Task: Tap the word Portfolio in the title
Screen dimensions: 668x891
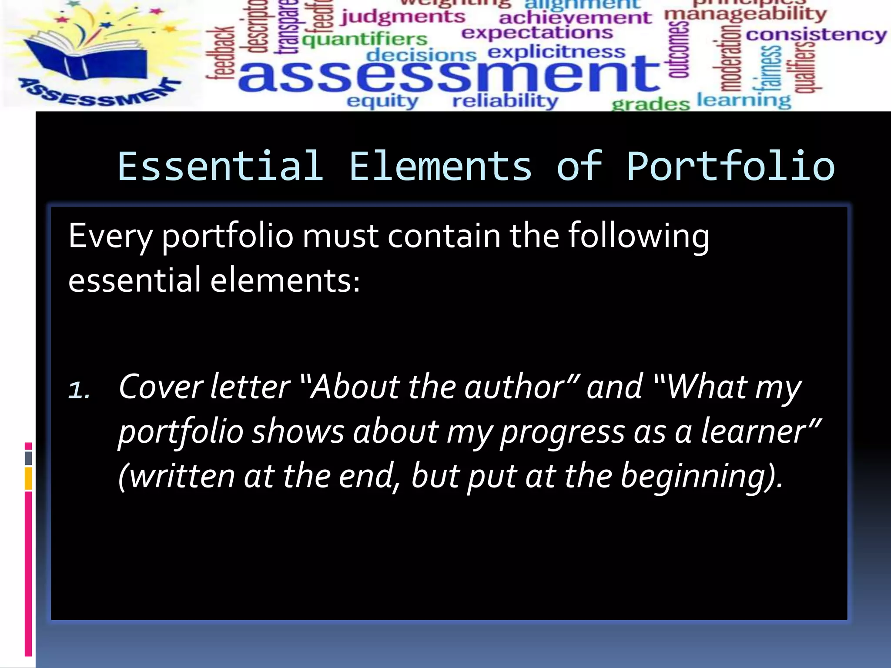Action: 730,167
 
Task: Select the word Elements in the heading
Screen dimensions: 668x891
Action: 440,167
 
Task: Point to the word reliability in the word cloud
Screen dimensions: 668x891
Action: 505,101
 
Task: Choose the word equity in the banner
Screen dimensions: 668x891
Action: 382,101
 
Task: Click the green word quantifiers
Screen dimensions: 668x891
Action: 365,40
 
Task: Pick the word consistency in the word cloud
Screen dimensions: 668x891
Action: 816,35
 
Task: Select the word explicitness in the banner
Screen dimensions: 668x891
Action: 556,52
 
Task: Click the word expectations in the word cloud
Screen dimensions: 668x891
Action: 537,33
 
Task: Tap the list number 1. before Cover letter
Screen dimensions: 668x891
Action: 79,390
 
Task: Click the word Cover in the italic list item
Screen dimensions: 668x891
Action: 160,387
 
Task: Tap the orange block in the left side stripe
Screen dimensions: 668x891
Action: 28,478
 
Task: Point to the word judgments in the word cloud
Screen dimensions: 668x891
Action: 403,17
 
